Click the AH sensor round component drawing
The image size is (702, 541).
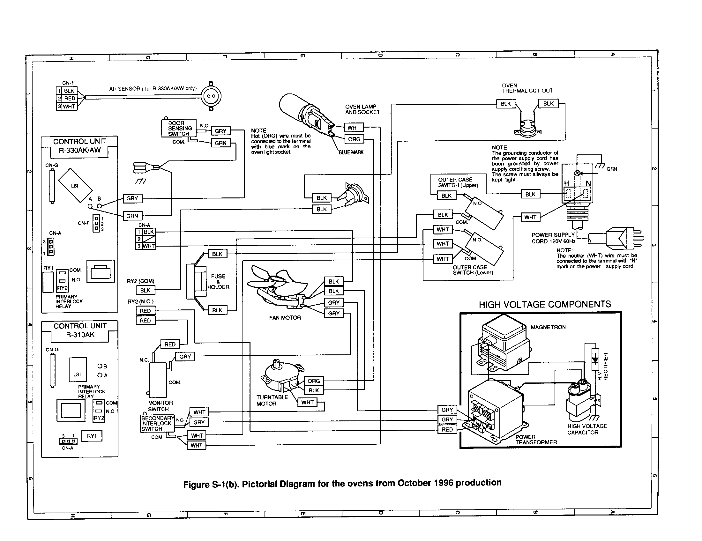pyautogui.click(x=211, y=96)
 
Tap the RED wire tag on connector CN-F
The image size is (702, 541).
pyautogui.click(x=70, y=98)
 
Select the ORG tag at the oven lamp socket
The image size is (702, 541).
pyautogui.click(x=354, y=139)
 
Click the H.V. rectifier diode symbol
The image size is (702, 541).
pyautogui.click(x=595, y=360)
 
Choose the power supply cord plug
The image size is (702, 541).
pyautogui.click(x=624, y=238)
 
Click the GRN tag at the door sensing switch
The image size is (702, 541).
pyautogui.click(x=220, y=143)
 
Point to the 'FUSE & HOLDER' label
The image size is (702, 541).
pyautogui.click(x=218, y=282)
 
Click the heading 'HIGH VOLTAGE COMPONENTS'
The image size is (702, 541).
pyautogui.click(x=544, y=304)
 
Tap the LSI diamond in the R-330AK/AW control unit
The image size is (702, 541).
pyautogui.click(x=75, y=185)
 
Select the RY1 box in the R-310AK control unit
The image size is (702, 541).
pyautogui.click(x=92, y=436)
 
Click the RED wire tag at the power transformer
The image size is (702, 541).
pyautogui.click(x=447, y=430)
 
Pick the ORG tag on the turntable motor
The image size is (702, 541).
pyautogui.click(x=313, y=381)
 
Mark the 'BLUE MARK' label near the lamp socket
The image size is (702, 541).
pyautogui.click(x=351, y=152)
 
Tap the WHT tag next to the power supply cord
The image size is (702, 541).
pyautogui.click(x=530, y=217)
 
